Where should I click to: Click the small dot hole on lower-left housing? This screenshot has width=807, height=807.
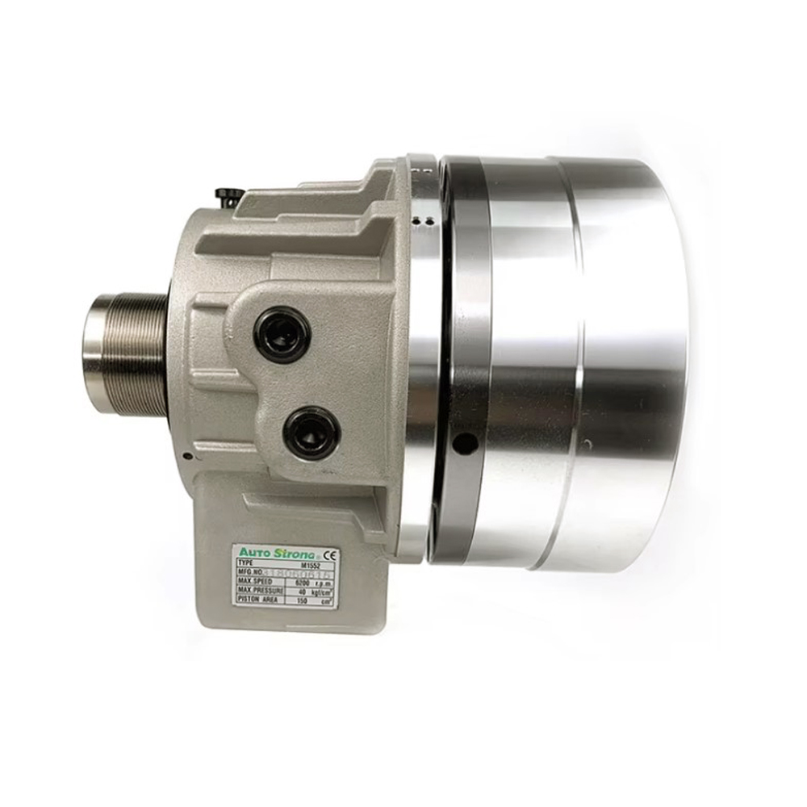tap(186, 457)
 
